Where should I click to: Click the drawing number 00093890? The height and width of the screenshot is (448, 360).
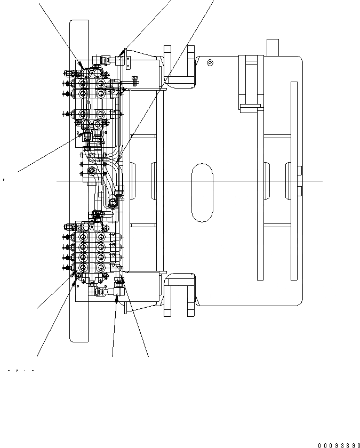[339, 445]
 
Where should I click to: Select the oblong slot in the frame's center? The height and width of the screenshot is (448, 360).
[202, 193]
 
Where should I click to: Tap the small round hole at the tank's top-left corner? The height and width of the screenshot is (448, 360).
[211, 63]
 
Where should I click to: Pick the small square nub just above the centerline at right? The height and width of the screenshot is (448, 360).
[300, 171]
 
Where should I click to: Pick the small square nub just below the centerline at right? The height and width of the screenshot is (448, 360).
[300, 191]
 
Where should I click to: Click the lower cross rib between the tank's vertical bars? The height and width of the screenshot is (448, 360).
[277, 226]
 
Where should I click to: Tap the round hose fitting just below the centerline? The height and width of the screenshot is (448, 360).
[113, 201]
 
